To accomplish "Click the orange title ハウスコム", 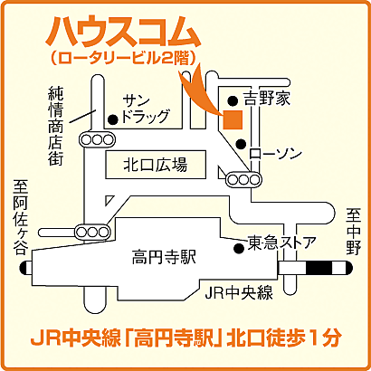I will point(121,32).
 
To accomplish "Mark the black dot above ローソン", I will point(241,143).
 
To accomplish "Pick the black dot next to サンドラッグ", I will point(112,119).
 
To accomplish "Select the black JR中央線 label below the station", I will point(239,292).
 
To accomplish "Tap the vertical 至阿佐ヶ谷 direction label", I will point(21,216).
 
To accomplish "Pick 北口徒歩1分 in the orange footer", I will point(288,340).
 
